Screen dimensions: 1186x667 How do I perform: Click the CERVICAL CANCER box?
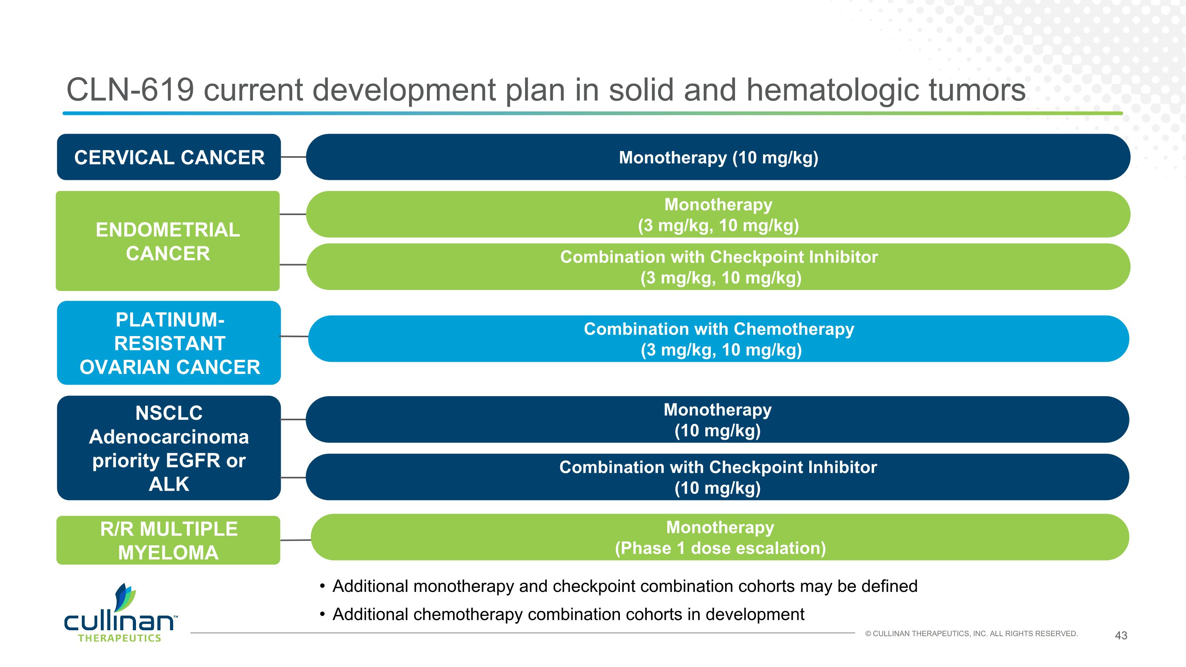pyautogui.click(x=168, y=157)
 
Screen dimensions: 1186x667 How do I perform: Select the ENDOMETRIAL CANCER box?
pyautogui.click(x=168, y=241)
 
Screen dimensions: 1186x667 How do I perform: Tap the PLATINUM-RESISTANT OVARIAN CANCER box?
pyautogui.click(x=168, y=343)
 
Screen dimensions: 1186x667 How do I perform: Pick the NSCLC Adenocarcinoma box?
pyautogui.click(x=168, y=448)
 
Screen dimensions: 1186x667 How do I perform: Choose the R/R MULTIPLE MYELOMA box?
pyautogui.click(x=168, y=540)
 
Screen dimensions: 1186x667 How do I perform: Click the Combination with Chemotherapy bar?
pyautogui.click(x=718, y=339)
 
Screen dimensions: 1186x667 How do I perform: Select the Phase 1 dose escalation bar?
pyautogui.click(x=720, y=537)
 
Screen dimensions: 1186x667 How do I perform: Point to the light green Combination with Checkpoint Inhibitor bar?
pyautogui.click(x=718, y=267)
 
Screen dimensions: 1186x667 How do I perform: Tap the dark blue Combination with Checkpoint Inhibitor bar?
pyautogui.click(x=717, y=477)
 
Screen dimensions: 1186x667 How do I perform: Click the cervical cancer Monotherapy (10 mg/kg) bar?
pyautogui.click(x=718, y=157)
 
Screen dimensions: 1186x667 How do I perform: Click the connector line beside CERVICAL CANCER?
pyautogui.click(x=294, y=157)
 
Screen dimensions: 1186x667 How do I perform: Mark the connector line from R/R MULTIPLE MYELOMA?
pyautogui.click(x=296, y=540)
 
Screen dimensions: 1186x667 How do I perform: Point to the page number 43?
pyautogui.click(x=1121, y=636)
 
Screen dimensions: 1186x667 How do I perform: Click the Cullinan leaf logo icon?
pyautogui.click(x=126, y=597)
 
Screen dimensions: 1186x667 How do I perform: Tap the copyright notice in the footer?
pyautogui.click(x=971, y=634)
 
